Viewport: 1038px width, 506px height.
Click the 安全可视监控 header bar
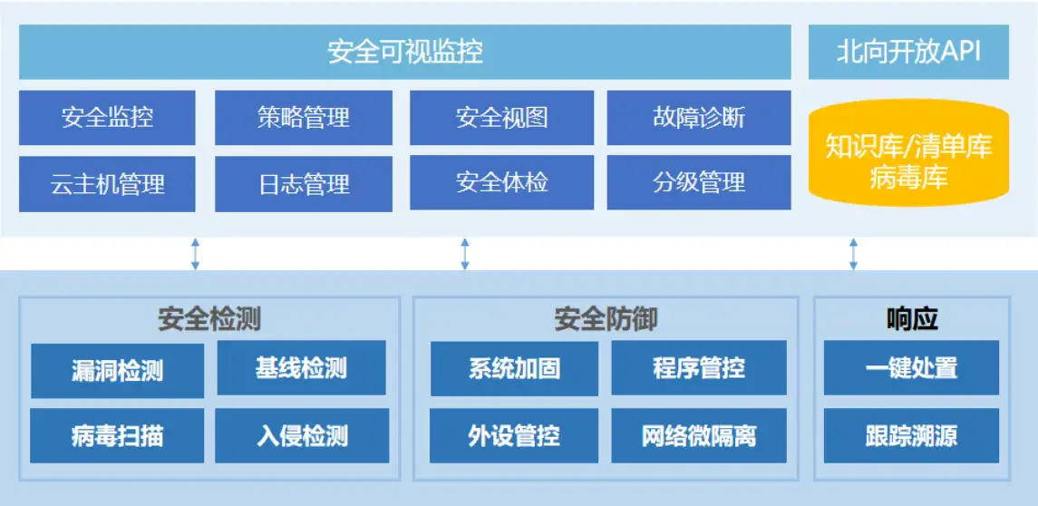pos(405,52)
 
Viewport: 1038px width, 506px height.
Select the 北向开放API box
pos(908,52)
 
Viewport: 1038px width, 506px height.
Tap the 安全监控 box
pos(107,118)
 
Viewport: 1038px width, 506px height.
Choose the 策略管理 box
pos(304,118)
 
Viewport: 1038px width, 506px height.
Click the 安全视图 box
pos(502,118)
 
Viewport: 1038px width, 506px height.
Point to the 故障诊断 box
pos(699,118)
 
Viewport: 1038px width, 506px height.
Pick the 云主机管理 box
pos(107,184)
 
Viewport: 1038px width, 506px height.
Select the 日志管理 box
pos(304,184)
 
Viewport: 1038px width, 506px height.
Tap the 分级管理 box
pos(699,183)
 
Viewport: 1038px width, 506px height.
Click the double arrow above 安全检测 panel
pos(195,254)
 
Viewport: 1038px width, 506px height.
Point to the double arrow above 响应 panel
pos(853,254)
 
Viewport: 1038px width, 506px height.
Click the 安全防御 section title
pos(606,320)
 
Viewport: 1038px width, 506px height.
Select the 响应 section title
pos(912,320)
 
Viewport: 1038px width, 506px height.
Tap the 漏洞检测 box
pos(117,371)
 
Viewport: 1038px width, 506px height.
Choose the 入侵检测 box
pos(302,435)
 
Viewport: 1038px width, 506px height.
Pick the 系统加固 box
pos(514,368)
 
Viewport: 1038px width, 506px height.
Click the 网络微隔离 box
pos(699,435)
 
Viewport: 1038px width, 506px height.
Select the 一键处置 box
pos(912,367)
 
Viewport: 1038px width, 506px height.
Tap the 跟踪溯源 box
pos(912,435)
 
